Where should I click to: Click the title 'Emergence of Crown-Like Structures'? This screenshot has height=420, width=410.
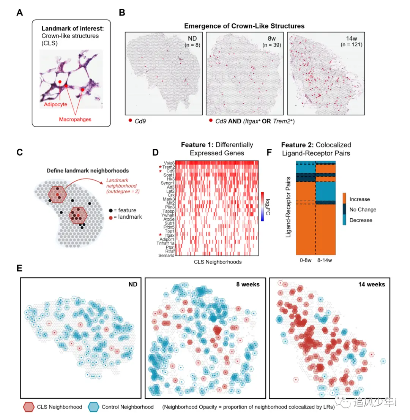(244, 26)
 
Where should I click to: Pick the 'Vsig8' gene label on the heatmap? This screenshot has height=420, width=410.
(169, 163)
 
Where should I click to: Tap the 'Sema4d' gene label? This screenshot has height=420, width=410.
(168, 255)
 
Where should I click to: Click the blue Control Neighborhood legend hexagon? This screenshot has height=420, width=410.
(94, 407)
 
